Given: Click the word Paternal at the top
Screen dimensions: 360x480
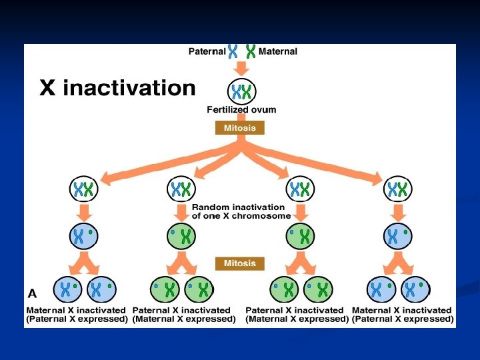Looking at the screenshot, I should (x=207, y=51).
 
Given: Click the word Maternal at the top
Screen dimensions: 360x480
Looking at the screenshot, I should (x=277, y=51).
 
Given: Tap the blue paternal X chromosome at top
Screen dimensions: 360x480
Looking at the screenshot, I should (x=233, y=51).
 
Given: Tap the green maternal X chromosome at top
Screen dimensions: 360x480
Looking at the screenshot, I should (x=251, y=51).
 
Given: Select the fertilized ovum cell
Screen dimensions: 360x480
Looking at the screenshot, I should (x=241, y=91).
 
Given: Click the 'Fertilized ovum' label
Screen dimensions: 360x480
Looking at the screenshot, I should (x=241, y=109).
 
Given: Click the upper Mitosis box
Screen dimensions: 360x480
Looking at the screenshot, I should (x=240, y=127).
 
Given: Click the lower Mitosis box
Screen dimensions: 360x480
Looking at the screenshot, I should (x=240, y=263).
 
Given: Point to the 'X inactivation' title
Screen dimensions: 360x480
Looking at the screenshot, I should (x=118, y=88).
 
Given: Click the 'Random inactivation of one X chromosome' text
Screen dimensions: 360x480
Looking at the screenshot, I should (x=241, y=211).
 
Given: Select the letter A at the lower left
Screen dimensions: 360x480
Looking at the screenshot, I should (x=32, y=293).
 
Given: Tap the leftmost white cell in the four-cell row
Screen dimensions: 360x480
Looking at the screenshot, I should (x=84, y=189).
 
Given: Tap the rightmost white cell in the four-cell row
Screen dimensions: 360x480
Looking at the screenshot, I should (x=399, y=189).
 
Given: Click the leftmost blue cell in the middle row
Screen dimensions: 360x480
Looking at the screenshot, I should (x=84, y=235).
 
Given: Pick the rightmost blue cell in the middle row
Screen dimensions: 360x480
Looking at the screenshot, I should (x=399, y=235).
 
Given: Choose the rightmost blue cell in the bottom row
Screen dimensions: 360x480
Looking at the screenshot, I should (x=415, y=289).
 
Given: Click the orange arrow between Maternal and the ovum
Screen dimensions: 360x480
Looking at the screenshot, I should (x=241, y=68).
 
